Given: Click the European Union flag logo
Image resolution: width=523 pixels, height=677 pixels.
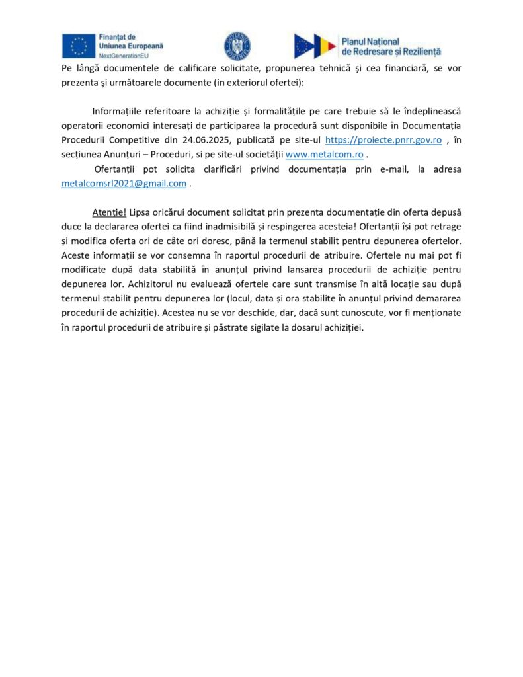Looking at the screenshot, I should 78,46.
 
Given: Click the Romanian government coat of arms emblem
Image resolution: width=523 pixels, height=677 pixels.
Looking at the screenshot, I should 237,46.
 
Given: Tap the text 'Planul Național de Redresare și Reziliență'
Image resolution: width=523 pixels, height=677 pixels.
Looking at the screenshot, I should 391,46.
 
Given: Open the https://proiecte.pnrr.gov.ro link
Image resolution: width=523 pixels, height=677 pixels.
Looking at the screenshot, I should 383,140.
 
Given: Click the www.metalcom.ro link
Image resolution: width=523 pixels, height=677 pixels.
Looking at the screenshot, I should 324,155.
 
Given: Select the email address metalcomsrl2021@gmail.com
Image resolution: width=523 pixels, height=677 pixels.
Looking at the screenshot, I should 124,184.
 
